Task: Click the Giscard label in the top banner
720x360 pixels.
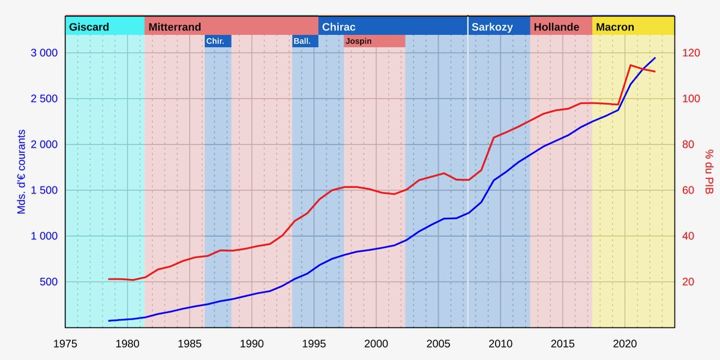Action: (89, 27)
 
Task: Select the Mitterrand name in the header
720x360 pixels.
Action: (175, 27)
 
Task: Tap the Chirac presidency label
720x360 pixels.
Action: (338, 27)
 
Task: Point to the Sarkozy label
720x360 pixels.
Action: (492, 27)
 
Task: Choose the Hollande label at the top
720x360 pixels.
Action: (556, 27)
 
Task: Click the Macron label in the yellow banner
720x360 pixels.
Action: (615, 27)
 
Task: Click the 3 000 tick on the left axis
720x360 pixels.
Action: (44, 53)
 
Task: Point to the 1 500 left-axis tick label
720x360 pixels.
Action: (44, 190)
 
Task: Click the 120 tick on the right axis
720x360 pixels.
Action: (691, 53)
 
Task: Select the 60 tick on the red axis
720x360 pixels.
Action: (689, 190)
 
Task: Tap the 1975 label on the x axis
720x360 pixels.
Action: (65, 344)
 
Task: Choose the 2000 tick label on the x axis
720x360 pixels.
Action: (376, 344)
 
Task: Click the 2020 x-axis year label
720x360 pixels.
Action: (625, 344)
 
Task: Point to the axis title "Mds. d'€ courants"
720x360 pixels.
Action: (22, 172)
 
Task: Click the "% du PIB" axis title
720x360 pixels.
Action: (709, 172)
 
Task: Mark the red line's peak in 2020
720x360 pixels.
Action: (631, 65)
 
